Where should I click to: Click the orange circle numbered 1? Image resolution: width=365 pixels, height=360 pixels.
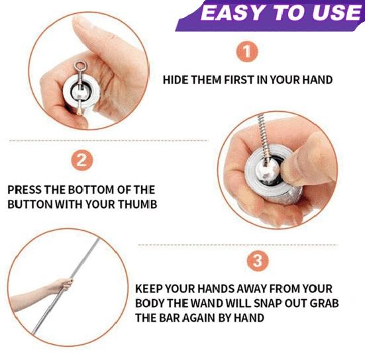tap(247, 51)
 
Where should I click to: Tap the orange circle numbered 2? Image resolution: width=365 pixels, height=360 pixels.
tap(81, 160)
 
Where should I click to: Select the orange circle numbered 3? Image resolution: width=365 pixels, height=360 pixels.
tap(258, 261)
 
